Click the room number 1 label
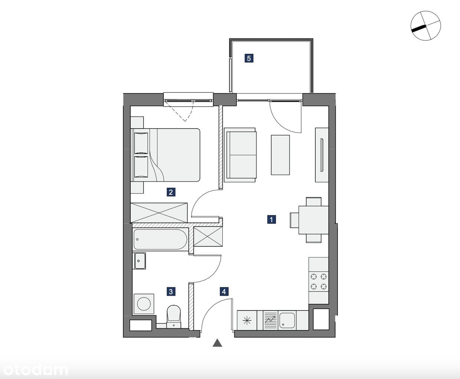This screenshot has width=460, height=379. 271,219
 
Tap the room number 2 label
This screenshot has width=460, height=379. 171,192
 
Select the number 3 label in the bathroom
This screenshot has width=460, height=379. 171,292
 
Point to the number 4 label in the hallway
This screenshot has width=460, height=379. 224,292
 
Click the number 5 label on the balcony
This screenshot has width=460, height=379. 249,59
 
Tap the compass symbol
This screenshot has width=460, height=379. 425,26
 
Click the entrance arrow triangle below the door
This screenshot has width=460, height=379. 217,343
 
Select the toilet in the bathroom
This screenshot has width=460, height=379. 174,316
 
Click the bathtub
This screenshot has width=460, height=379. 160,239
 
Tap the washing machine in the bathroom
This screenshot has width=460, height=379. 144,304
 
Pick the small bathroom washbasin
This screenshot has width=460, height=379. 140,261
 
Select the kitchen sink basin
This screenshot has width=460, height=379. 287,320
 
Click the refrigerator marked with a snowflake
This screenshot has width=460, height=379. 247,320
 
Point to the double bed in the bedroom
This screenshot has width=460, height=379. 165,155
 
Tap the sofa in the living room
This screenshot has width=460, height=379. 240,155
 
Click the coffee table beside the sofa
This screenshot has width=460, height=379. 280,155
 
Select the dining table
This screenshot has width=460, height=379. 313,220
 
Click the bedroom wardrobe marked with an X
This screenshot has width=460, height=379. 159,213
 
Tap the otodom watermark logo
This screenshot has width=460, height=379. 36,370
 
